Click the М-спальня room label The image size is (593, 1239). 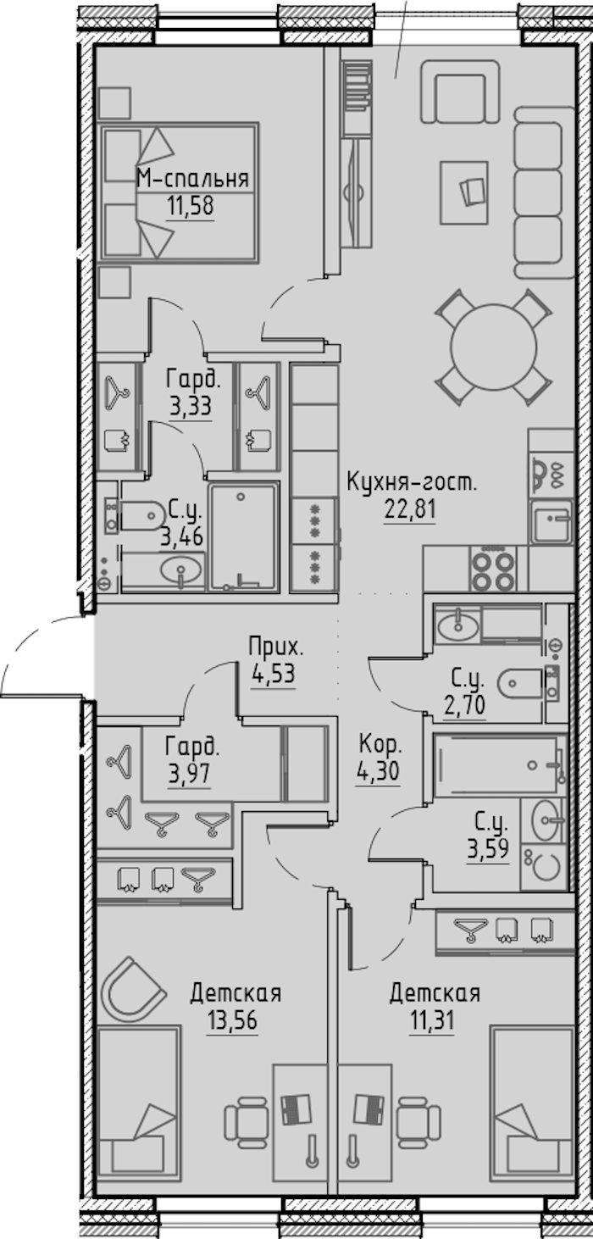191,179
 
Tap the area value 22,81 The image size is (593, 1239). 410,508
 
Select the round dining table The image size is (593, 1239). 494,347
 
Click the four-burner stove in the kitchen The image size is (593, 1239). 494,568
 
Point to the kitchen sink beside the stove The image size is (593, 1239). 550,521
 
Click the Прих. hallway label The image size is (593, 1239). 276,647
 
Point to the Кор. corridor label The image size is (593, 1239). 380,745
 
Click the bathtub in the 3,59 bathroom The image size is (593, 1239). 500,765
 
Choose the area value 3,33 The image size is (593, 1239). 191,408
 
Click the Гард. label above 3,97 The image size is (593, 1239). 192,747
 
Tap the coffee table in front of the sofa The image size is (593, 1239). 464,192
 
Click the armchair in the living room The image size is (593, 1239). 460,92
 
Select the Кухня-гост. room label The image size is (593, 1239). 411,483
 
